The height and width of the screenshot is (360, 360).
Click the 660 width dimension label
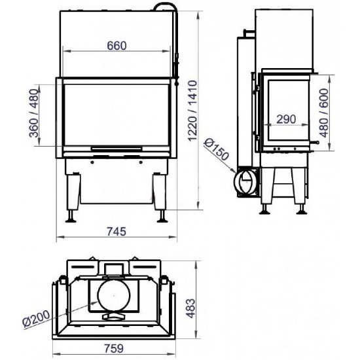(x=115, y=45)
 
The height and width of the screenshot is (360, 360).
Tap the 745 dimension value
(x=115, y=231)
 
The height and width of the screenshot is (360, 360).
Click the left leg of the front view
(x=71, y=194)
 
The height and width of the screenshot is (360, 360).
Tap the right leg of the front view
(x=159, y=194)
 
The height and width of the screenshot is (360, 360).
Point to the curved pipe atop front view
(x=170, y=8)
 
